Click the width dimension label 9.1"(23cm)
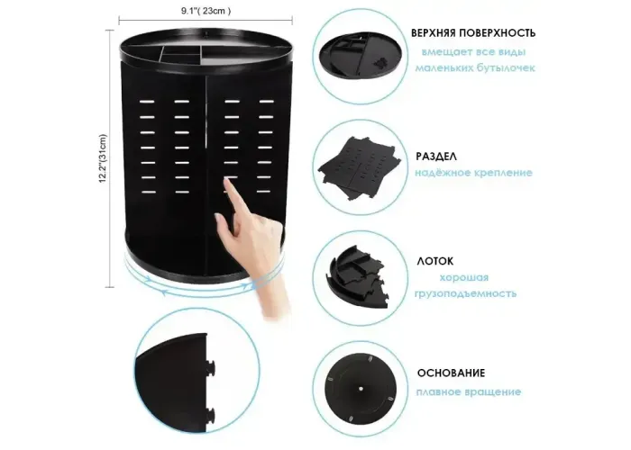(x=206, y=11)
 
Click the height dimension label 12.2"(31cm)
(x=103, y=158)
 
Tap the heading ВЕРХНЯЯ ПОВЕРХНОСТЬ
(x=473, y=33)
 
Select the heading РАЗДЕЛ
(x=436, y=157)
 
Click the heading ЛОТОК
(x=435, y=261)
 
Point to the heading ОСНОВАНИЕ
(x=451, y=373)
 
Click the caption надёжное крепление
(x=473, y=173)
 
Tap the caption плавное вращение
(x=469, y=391)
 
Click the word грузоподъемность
(x=466, y=293)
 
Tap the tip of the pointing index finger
(x=226, y=180)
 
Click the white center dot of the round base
(x=361, y=389)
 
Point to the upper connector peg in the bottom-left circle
(x=210, y=367)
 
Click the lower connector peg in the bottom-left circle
(x=210, y=417)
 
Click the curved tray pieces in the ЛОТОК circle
(x=357, y=276)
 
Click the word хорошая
(x=464, y=277)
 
